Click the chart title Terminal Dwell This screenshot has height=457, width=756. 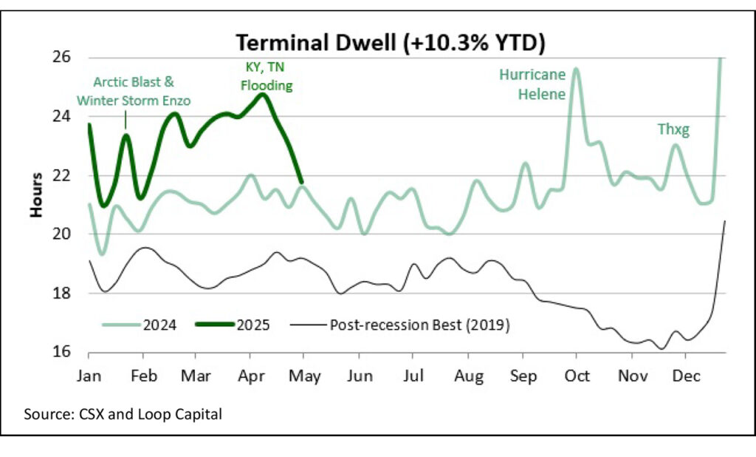tap(389, 43)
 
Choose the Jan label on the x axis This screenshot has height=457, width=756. tap(89, 376)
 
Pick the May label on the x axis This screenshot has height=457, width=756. tap(305, 376)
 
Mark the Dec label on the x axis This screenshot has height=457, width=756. tap(684, 376)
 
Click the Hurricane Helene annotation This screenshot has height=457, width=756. tap(532, 84)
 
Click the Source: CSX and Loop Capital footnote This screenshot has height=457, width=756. tap(123, 414)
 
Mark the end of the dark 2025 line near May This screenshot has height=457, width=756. tap(300, 181)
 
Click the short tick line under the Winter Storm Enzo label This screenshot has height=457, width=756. tap(125, 119)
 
